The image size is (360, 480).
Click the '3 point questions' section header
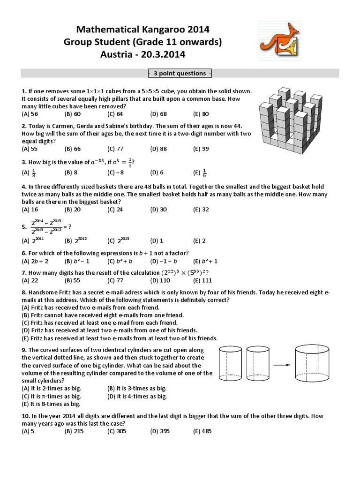pyautogui.click(x=180, y=73)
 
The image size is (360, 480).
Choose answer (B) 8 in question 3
pyautogui.click(x=73, y=172)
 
